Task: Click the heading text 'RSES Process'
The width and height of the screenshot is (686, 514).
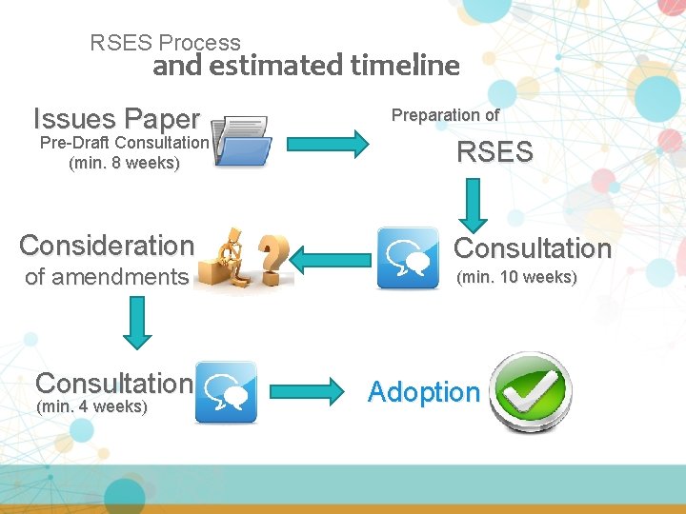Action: [x=165, y=43]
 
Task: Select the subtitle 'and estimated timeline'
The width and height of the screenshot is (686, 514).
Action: [x=306, y=66]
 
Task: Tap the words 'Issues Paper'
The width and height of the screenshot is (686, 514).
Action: [x=116, y=119]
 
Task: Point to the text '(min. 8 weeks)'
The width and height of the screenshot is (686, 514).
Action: [x=124, y=163]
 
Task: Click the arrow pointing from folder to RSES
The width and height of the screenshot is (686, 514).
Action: [x=327, y=145]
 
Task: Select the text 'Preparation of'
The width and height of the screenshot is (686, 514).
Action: [x=446, y=115]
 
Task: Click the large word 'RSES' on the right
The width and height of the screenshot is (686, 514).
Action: [x=494, y=152]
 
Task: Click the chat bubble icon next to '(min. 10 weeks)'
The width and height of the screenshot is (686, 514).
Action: [x=408, y=258]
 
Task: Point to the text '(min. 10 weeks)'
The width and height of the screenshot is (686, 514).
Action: [x=517, y=278]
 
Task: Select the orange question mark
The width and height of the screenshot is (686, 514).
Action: [x=274, y=255]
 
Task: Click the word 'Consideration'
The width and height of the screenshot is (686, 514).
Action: [x=107, y=246]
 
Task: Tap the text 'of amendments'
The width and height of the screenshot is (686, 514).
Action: [x=107, y=277]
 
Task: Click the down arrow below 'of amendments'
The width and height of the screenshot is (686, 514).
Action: [x=138, y=323]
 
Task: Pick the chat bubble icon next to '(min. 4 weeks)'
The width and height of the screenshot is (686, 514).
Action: [x=226, y=392]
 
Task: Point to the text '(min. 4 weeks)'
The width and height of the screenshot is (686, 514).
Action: [x=91, y=407]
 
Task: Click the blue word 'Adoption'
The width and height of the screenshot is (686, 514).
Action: [x=424, y=391]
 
